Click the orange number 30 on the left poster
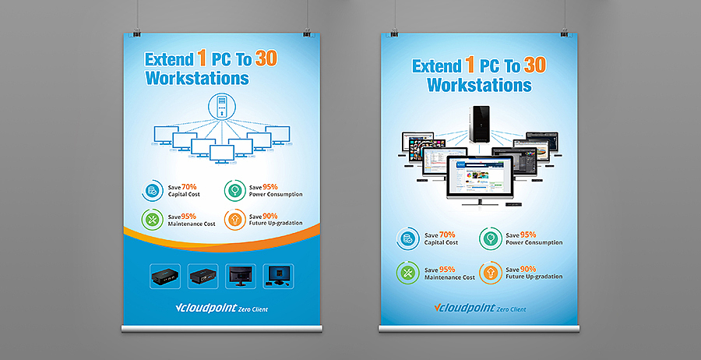[x=266, y=59]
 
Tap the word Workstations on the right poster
[x=479, y=84]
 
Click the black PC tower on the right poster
[x=480, y=124]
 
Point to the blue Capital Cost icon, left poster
[x=153, y=191]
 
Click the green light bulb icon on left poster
[x=234, y=191]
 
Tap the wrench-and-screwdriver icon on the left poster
[x=153, y=220]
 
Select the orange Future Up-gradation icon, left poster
[x=234, y=220]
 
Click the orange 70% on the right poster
[x=447, y=235]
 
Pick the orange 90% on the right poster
[x=528, y=269]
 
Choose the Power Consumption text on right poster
[x=534, y=243]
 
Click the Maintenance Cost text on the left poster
[x=192, y=224]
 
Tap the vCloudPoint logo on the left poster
[x=222, y=308]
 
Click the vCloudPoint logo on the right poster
[x=480, y=308]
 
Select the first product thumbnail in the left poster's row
[x=165, y=276]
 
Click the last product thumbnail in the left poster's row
[x=279, y=276]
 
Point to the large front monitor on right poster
[x=479, y=180]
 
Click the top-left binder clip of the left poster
[x=137, y=32]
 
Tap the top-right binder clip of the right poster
[x=564, y=32]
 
